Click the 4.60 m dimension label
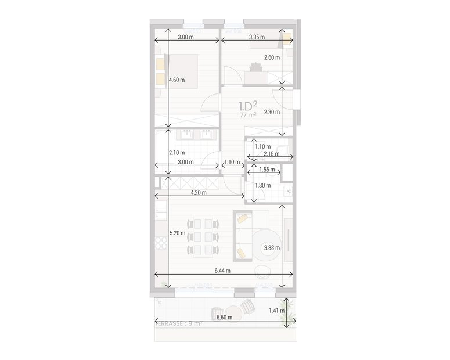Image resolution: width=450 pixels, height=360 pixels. pyautogui.click(x=177, y=80)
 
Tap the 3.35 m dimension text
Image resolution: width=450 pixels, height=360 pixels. pyautogui.click(x=256, y=37)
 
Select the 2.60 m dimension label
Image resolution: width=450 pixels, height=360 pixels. pyautogui.click(x=272, y=57)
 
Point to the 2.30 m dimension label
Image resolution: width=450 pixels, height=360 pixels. pyautogui.click(x=272, y=112)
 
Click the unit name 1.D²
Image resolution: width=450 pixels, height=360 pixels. pyautogui.click(x=249, y=106)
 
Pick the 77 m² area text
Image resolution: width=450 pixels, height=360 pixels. pyautogui.click(x=248, y=116)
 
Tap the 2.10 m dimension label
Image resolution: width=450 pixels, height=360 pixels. pyautogui.click(x=177, y=153)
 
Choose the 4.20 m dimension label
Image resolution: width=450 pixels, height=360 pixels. pyautogui.click(x=199, y=193)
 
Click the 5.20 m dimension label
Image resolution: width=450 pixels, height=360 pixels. pyautogui.click(x=177, y=233)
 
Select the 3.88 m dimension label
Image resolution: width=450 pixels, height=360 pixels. pyautogui.click(x=272, y=248)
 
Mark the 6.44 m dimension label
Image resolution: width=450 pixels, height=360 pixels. pyautogui.click(x=222, y=271)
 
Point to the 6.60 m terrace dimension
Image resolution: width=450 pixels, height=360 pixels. pyautogui.click(x=224, y=318)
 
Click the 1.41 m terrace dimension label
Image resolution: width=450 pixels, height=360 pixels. pyautogui.click(x=277, y=311)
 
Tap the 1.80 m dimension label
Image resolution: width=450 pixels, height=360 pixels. pyautogui.click(x=263, y=185)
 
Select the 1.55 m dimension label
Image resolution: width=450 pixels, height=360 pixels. pyautogui.click(x=267, y=170)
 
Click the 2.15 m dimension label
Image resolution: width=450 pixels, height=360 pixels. pyautogui.click(x=271, y=154)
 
